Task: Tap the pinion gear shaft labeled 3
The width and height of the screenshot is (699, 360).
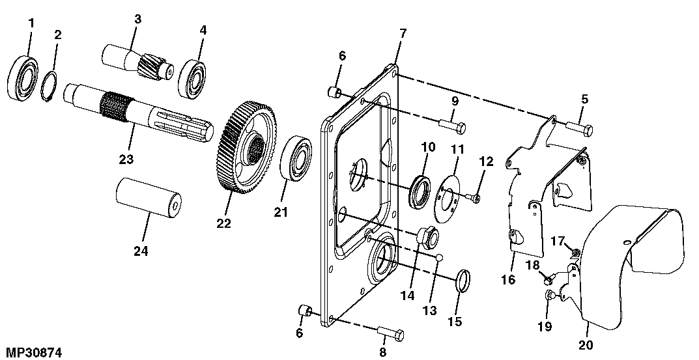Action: [137, 64]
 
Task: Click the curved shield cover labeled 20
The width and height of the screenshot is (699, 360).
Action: [635, 260]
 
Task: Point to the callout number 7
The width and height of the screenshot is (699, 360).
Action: [403, 32]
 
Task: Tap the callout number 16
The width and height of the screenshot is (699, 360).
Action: [507, 280]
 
